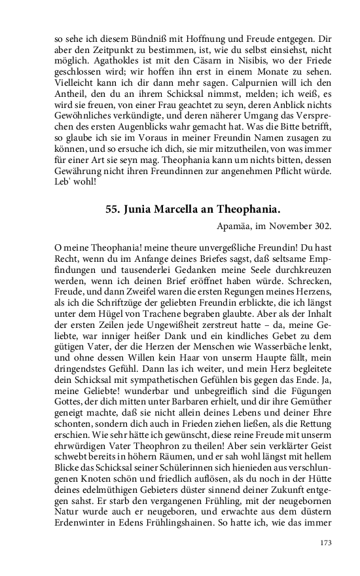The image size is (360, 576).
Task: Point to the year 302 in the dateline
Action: pyautogui.click(x=321, y=226)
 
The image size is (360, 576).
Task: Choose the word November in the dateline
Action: pyautogui.click(x=285, y=226)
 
